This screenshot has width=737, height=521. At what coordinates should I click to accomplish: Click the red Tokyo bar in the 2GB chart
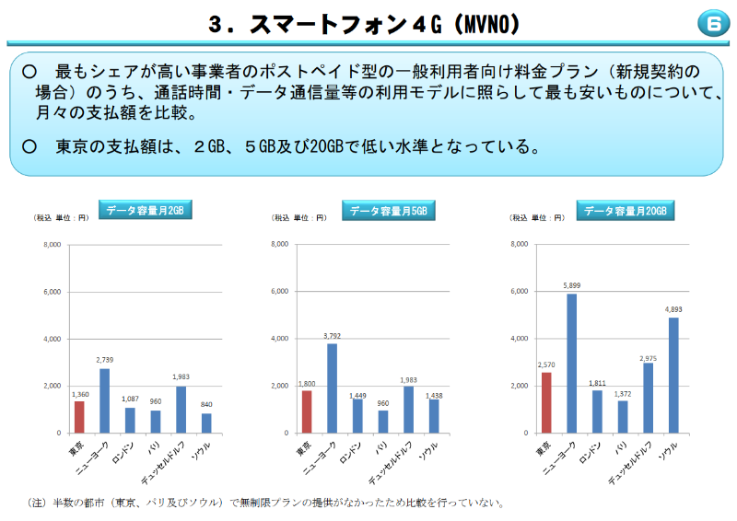tap(79, 417)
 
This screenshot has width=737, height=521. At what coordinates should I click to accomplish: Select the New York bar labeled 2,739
tap(104, 400)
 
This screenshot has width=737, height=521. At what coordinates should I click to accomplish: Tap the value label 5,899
tap(571, 285)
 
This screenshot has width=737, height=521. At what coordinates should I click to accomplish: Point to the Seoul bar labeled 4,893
tap(673, 375)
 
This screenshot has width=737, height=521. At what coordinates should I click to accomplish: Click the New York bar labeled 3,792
tap(332, 388)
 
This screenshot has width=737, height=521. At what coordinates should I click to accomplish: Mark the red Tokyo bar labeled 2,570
tap(546, 402)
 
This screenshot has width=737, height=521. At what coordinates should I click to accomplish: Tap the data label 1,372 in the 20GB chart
tap(622, 393)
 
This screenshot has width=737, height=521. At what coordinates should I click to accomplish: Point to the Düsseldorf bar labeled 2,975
tap(648, 398)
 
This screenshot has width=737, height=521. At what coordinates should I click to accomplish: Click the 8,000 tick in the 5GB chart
tap(281, 244)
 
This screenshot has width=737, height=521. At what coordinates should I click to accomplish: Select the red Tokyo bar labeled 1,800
tap(306, 411)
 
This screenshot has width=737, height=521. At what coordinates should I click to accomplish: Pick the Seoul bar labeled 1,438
tap(433, 416)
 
